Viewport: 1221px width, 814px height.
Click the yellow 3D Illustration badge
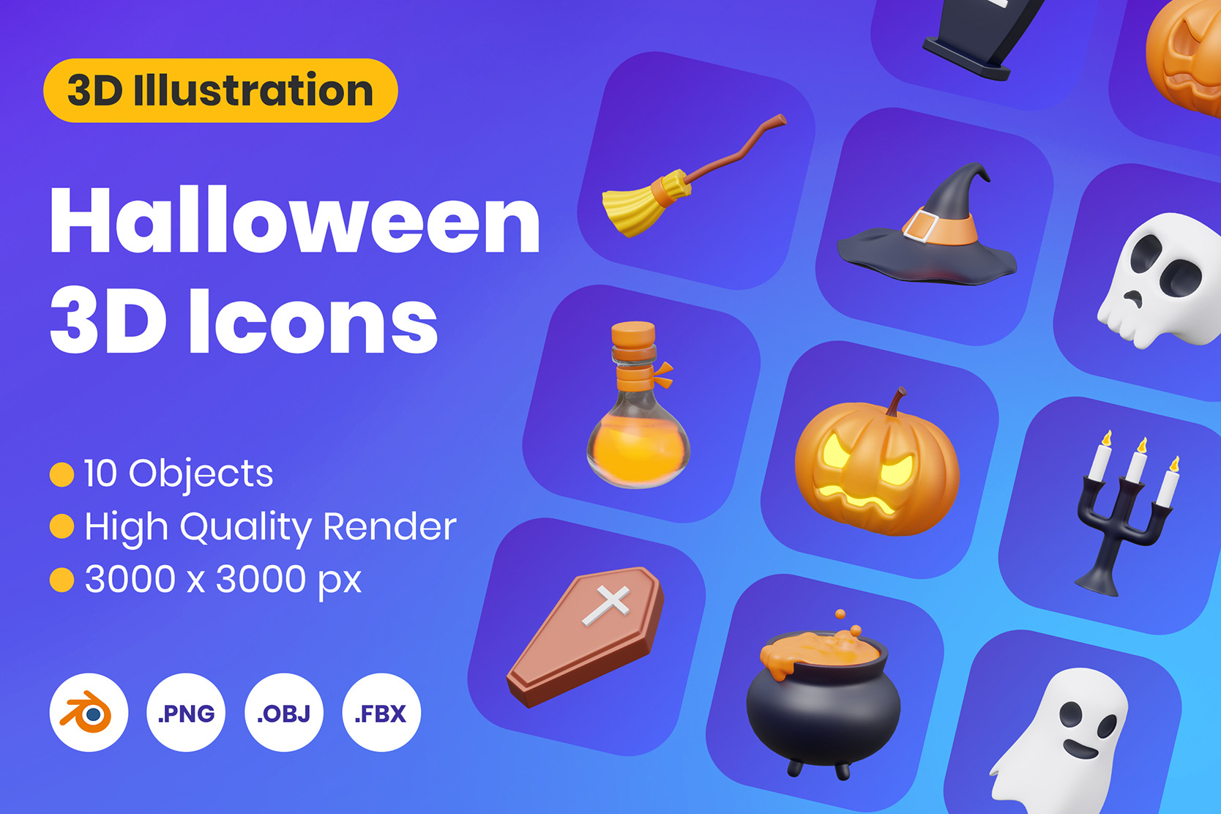(x=220, y=91)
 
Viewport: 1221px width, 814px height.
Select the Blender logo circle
(x=89, y=712)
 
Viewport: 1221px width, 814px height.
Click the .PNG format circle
(x=186, y=712)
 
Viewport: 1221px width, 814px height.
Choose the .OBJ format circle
(x=283, y=712)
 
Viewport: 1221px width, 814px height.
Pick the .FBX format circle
(x=381, y=712)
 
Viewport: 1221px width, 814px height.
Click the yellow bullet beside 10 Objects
(x=61, y=474)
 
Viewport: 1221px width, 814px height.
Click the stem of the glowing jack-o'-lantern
(x=895, y=403)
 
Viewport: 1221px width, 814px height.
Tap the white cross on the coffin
(x=606, y=604)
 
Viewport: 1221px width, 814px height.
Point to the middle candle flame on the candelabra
(x=1142, y=445)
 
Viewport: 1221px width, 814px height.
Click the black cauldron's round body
(x=823, y=709)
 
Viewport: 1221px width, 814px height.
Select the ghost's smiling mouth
(x=1081, y=750)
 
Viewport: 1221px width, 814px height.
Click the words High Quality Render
(x=270, y=528)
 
